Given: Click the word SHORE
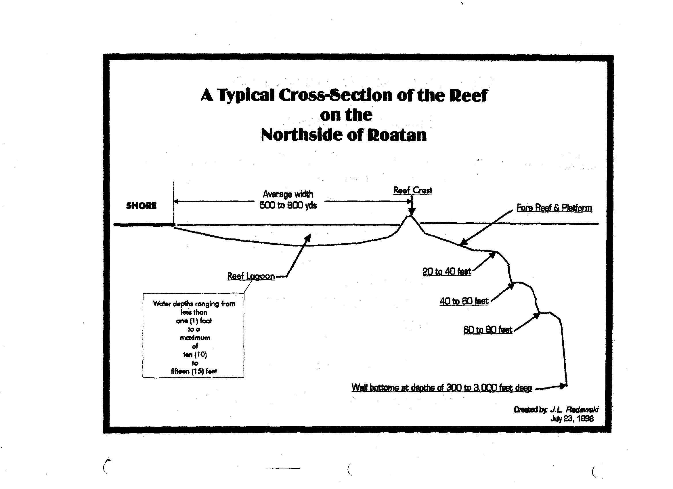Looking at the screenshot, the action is pyautogui.click(x=141, y=206).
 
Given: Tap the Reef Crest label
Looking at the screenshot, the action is pyautogui.click(x=413, y=190).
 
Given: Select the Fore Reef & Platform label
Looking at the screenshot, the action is pyautogui.click(x=554, y=207).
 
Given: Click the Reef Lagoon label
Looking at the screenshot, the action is pyautogui.click(x=251, y=276).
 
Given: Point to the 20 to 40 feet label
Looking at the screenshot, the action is pyautogui.click(x=447, y=272).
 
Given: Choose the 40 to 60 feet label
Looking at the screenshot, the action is pyautogui.click(x=464, y=301).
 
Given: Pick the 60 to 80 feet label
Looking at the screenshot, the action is pyautogui.click(x=488, y=330).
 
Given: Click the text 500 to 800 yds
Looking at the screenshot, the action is pyautogui.click(x=288, y=205).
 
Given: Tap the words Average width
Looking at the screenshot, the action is pyautogui.click(x=288, y=194).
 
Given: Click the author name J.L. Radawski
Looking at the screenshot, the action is pyautogui.click(x=574, y=410).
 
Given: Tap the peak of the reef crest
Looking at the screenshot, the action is pyautogui.click(x=410, y=216).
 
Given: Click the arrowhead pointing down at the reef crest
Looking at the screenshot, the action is pyautogui.click(x=412, y=211).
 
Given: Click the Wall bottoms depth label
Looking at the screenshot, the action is pyautogui.click(x=442, y=388).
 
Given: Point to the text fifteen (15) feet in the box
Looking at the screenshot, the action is pyautogui.click(x=194, y=371).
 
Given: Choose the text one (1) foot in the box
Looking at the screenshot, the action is pyautogui.click(x=194, y=321).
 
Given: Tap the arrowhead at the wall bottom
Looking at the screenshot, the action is pyautogui.click(x=563, y=386).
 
